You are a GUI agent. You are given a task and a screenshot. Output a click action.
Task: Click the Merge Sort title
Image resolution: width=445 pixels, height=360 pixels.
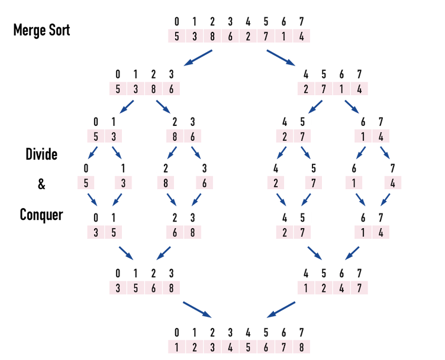41,30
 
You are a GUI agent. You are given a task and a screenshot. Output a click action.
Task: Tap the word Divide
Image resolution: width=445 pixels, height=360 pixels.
41,154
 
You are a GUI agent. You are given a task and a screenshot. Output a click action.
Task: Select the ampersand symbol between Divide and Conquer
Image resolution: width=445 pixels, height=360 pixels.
41,184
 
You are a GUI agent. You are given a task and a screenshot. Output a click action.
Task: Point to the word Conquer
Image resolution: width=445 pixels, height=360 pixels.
41,214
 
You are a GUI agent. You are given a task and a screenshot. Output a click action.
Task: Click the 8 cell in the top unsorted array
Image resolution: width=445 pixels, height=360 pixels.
212,37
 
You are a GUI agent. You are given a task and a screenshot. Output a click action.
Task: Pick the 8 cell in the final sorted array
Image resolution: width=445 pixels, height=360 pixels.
301,347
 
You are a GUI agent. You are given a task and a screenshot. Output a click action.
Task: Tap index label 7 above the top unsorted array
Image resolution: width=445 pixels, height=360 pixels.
301,22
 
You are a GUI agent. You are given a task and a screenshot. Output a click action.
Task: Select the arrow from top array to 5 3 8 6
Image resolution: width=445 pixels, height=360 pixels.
198,59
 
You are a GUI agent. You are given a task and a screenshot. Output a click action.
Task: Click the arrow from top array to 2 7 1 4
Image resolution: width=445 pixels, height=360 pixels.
281,59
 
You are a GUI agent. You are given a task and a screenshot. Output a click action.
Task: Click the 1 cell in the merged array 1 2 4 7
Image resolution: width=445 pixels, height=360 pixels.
306,288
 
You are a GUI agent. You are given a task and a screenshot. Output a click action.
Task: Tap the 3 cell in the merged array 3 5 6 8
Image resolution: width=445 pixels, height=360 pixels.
118,288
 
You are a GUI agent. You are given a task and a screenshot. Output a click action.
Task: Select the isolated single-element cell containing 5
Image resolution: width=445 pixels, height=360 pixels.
86,183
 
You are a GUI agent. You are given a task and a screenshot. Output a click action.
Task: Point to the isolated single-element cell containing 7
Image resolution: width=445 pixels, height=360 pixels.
313,183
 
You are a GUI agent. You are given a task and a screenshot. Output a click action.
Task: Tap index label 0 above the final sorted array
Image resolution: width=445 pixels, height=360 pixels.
176,332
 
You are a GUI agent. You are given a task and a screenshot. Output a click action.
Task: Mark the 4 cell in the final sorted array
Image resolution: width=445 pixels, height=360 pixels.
230,347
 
